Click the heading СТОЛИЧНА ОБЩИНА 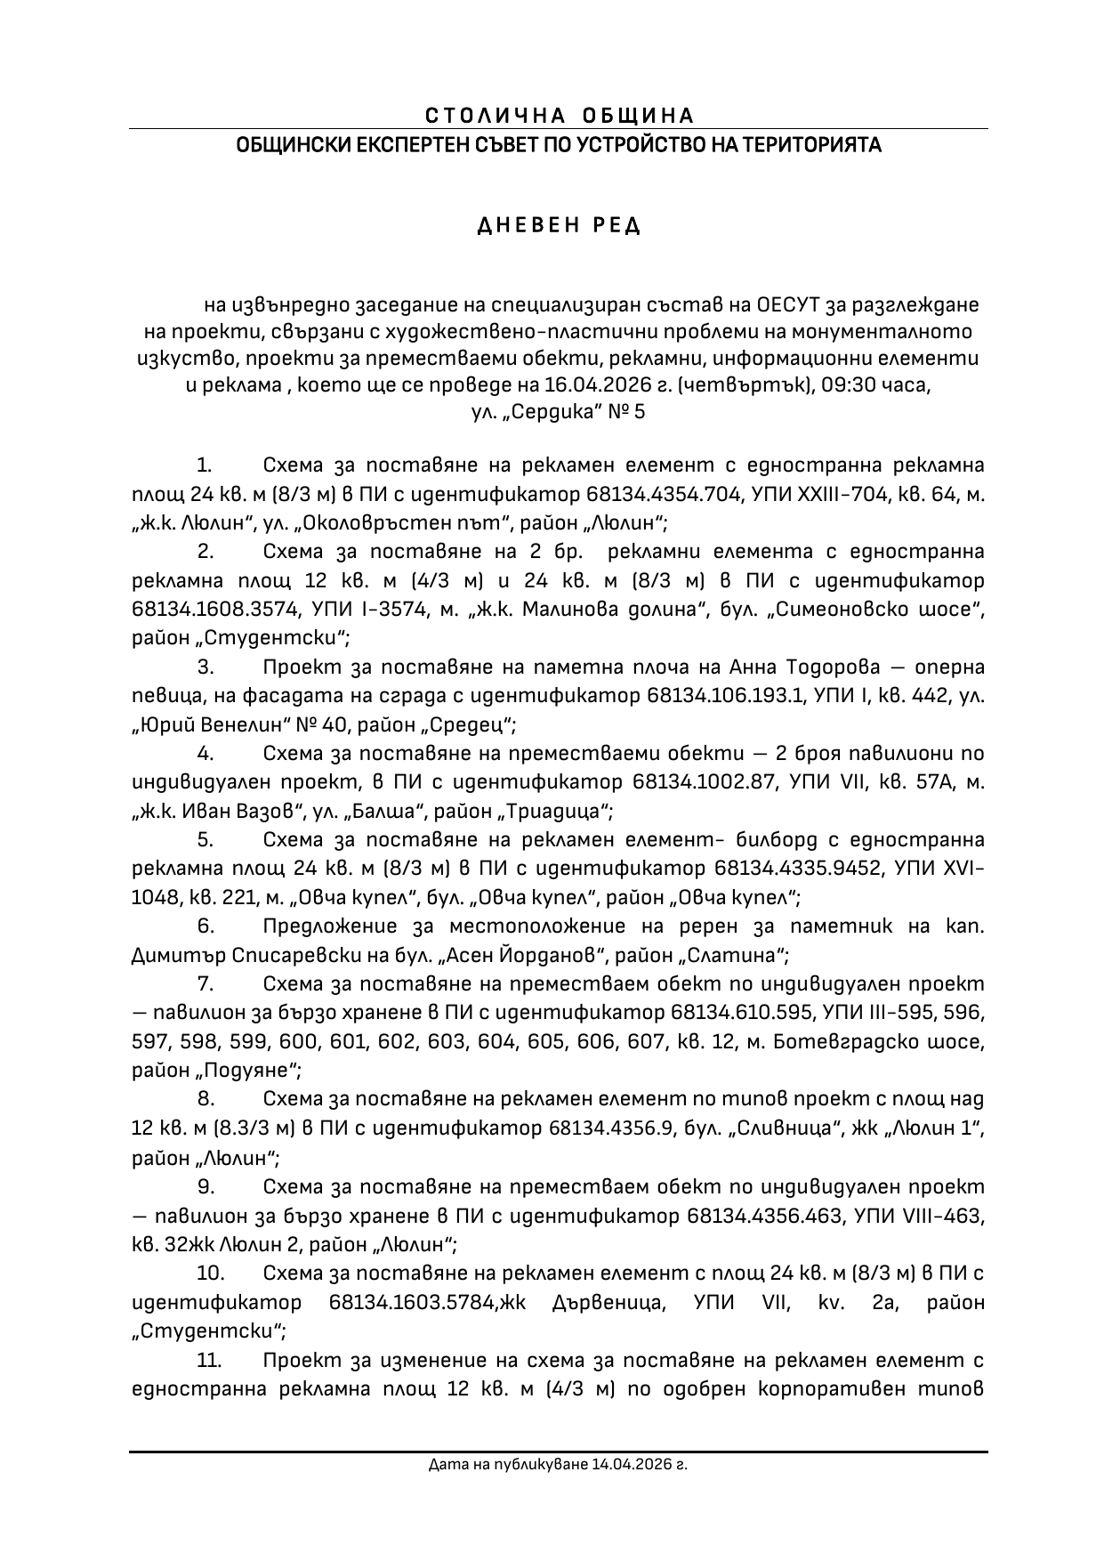[x=559, y=116]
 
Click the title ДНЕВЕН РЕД [x=560, y=225]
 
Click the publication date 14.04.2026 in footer [x=630, y=1463]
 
